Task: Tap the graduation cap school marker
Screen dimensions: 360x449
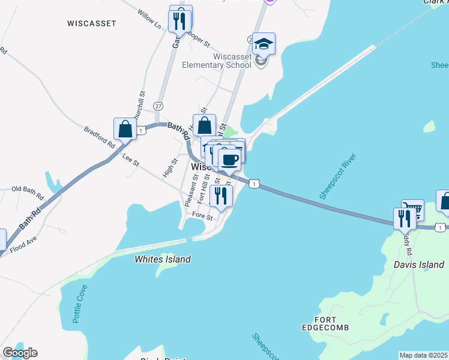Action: (264, 44)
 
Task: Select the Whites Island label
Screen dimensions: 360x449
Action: (163, 259)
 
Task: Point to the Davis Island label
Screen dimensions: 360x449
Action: (412, 263)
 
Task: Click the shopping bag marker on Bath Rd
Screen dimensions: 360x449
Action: (125, 128)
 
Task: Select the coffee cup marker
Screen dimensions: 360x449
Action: (230, 160)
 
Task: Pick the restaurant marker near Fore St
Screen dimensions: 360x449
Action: (221, 196)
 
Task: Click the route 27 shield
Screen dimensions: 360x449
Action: (158, 105)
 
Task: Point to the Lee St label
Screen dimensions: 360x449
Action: (130, 160)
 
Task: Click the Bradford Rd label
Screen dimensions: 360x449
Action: (99, 136)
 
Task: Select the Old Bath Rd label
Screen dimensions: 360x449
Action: (28, 193)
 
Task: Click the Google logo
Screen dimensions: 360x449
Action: (20, 353)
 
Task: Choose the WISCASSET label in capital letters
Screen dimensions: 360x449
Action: (92, 23)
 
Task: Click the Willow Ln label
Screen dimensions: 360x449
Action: (149, 20)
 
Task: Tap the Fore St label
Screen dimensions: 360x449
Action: (202, 217)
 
